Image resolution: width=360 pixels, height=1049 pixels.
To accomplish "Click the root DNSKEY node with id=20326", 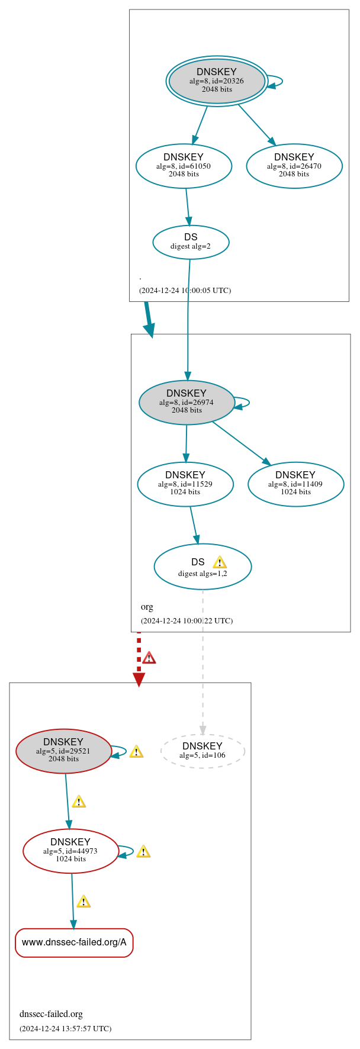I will tap(217, 81).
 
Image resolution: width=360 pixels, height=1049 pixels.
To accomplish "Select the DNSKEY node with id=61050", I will tap(184, 166).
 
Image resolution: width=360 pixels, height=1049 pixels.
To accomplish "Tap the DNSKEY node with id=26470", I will tap(294, 166).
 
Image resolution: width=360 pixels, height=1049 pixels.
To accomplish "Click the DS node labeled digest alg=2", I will tap(191, 242).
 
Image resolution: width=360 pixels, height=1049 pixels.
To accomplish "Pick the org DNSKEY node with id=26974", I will tap(187, 402).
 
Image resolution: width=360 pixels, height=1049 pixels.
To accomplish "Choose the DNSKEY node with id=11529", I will tap(185, 484).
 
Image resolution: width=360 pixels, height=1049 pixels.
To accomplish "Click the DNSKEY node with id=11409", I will tap(295, 484).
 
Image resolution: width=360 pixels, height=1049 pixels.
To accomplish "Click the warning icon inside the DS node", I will tap(220, 562).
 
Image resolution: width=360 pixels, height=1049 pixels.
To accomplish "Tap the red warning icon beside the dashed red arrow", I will tap(149, 658).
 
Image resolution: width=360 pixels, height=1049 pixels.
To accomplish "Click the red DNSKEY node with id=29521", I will tap(63, 751).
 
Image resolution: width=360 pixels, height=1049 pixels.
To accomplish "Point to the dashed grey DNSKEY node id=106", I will tap(202, 751).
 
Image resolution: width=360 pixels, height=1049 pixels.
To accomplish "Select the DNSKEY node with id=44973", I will tap(70, 851).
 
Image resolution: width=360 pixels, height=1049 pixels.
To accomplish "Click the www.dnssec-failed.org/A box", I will tap(74, 942).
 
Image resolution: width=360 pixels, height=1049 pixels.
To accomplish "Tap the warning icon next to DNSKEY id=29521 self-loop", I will tap(136, 751).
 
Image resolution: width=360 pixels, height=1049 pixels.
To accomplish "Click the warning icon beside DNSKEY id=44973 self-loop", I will tap(143, 851).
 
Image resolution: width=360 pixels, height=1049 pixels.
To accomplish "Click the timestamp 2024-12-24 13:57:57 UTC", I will tap(65, 1028).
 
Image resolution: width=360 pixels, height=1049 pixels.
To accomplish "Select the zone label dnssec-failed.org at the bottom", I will tap(51, 1013).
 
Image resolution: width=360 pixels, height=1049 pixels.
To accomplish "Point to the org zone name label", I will tap(147, 607).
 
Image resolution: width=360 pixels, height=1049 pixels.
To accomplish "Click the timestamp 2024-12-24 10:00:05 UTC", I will tap(185, 290).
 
